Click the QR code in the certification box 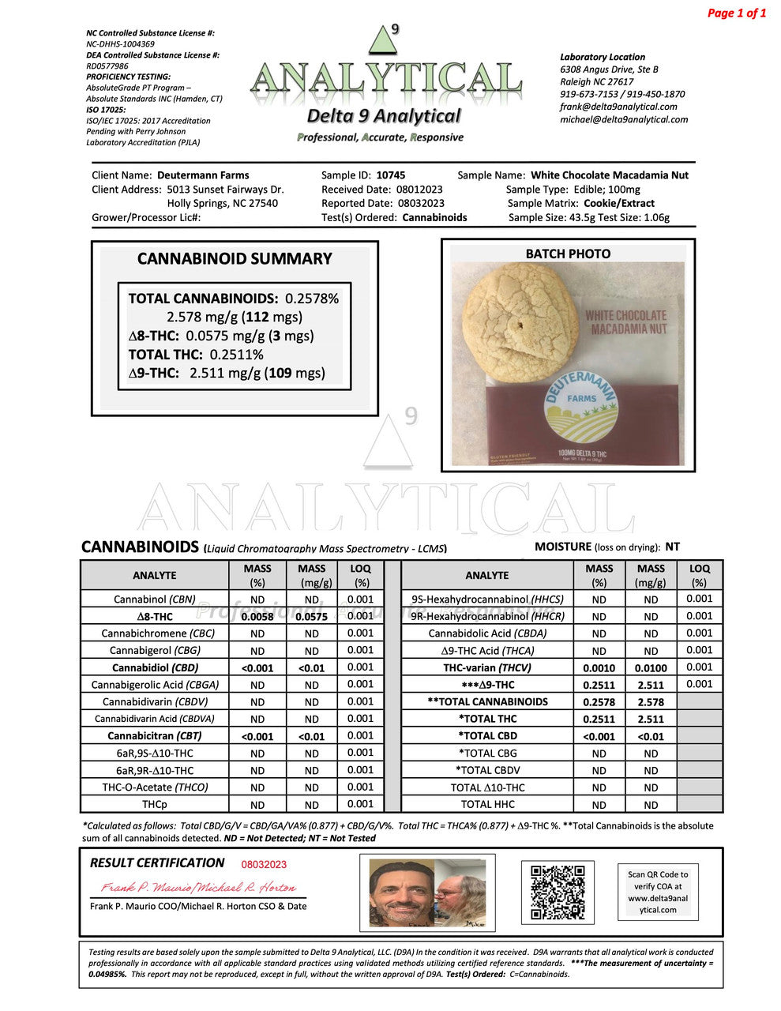[x=558, y=893]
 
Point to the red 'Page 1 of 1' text [x=736, y=13]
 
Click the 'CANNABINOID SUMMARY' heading [x=235, y=259]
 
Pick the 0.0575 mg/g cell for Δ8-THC [x=311, y=617]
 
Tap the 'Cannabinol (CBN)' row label [x=154, y=599]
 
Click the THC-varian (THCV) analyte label [x=487, y=667]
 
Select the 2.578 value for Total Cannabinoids [x=650, y=702]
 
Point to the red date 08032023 [x=264, y=865]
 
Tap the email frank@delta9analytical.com [x=618, y=107]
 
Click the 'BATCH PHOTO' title [x=568, y=254]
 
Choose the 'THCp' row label [x=154, y=805]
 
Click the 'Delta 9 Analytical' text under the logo [x=383, y=116]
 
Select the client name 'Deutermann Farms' [x=203, y=175]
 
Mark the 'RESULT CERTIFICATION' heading [x=157, y=863]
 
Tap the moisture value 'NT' [x=672, y=547]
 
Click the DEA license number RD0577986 [x=107, y=66]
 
